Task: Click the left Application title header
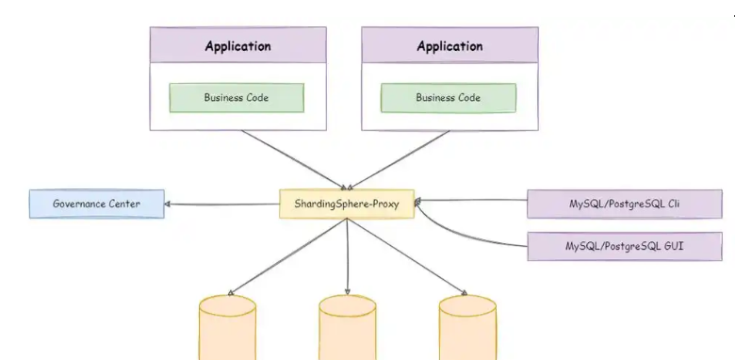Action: coord(238,46)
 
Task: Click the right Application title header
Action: coord(449,46)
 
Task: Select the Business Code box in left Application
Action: coord(237,97)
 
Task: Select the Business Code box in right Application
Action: coord(448,97)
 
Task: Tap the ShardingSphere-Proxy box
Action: coord(347,205)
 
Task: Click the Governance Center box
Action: coord(96,204)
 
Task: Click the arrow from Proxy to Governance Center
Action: coord(222,203)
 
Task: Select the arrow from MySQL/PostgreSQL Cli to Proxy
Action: coord(471,201)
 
